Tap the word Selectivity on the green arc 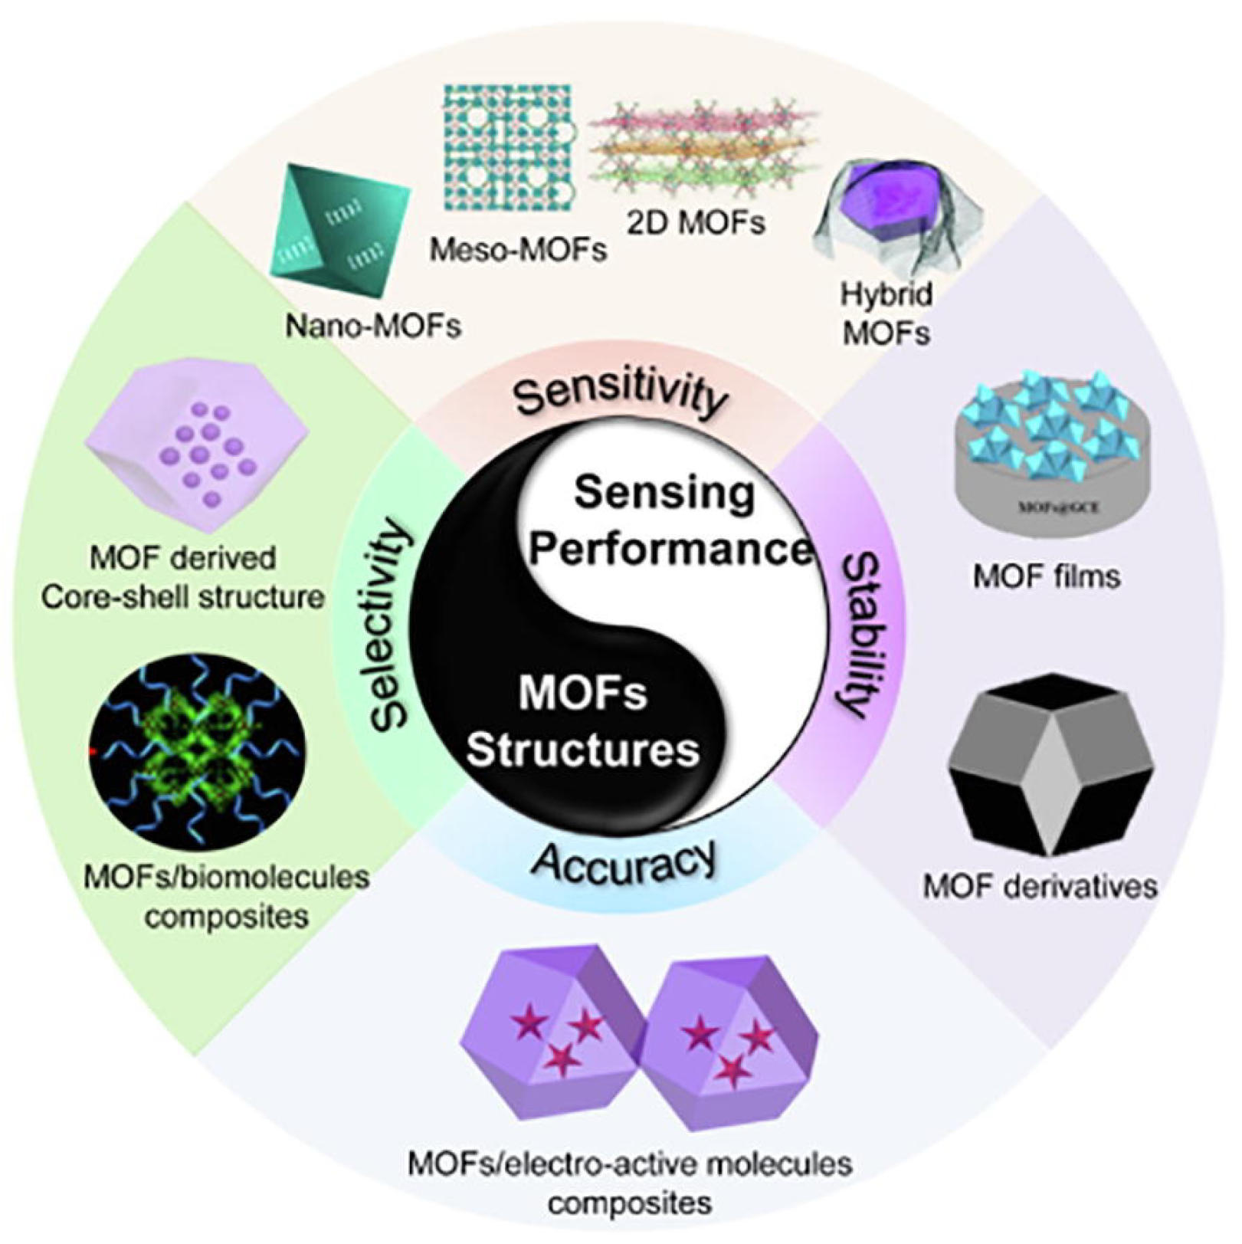click(x=390, y=623)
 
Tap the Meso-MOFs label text click(x=518, y=250)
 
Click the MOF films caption click(x=1047, y=576)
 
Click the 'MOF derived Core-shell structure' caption click(x=182, y=577)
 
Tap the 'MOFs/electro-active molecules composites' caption click(x=630, y=1181)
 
